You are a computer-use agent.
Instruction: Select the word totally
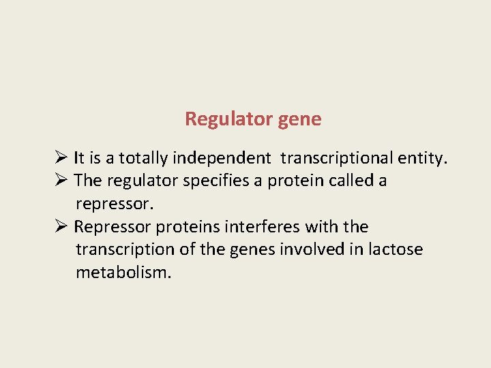coord(143,159)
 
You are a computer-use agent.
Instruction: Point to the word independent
coord(222,159)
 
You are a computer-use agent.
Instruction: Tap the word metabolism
coord(123,273)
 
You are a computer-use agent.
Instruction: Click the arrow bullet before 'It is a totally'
coord(61,159)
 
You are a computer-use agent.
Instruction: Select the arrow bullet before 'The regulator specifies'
coord(61,181)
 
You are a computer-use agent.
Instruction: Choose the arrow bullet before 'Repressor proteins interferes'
coord(61,226)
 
